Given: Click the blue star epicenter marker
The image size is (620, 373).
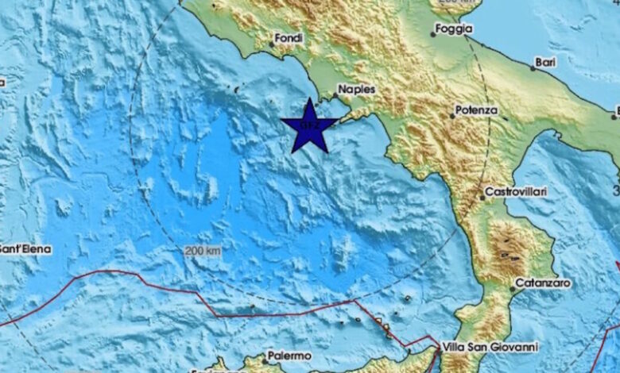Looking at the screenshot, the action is (309, 126).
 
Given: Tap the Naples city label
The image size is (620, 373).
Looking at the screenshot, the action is (356, 90).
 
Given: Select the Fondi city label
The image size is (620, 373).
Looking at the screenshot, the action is (289, 37).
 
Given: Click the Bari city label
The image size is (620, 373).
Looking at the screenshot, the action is (546, 60).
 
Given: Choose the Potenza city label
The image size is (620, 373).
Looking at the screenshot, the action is (477, 110).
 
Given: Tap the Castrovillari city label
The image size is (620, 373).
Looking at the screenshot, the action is (518, 192).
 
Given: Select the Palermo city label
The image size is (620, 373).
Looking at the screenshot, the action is (289, 356).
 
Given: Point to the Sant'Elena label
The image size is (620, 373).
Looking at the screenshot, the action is (25, 248).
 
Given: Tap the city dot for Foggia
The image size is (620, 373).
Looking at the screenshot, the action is (433, 34).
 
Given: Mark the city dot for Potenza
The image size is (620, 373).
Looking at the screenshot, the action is (452, 116).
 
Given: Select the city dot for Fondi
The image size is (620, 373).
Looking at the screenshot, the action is (271, 44).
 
